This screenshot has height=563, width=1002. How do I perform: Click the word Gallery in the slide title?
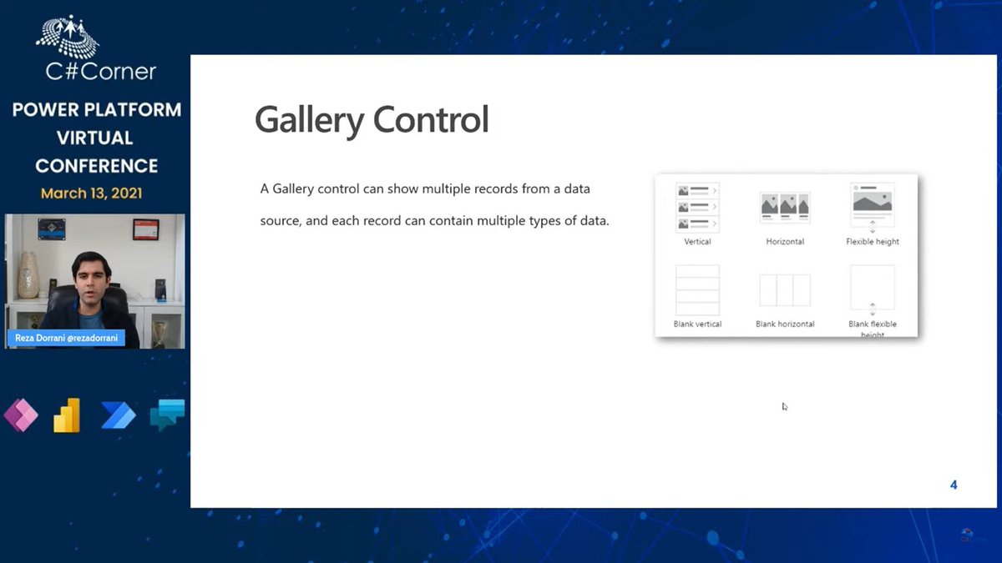point(309,120)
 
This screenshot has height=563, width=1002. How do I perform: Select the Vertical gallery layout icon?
point(697,208)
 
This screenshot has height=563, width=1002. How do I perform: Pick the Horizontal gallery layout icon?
point(785,207)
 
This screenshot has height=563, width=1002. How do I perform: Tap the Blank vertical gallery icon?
point(697,289)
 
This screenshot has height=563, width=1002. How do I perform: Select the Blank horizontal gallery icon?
point(785,289)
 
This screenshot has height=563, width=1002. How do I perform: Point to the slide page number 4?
point(954,485)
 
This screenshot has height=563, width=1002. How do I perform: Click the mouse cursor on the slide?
point(784,406)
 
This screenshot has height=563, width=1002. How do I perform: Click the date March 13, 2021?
point(91,194)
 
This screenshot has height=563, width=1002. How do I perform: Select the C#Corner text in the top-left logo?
point(101,72)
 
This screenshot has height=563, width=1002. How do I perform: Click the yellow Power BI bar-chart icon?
point(68,415)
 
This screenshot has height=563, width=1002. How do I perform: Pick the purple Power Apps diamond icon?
point(21,415)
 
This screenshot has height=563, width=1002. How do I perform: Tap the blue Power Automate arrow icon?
point(118,415)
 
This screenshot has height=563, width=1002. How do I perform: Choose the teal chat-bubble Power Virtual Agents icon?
point(166,415)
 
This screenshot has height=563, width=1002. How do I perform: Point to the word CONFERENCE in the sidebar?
point(96,165)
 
